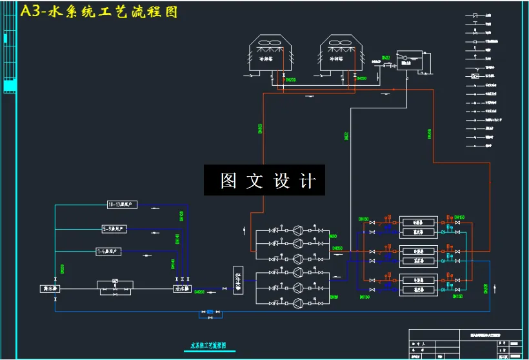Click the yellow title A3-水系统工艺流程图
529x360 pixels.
(x=98, y=12)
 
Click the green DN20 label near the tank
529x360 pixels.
(x=386, y=58)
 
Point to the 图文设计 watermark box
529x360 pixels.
(x=264, y=181)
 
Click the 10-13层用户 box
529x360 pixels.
(x=123, y=205)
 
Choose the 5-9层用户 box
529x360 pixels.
(x=114, y=228)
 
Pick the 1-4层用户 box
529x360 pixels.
(x=108, y=252)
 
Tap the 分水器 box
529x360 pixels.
(x=183, y=288)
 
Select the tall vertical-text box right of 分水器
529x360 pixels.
(x=237, y=279)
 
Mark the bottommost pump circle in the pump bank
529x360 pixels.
(x=297, y=303)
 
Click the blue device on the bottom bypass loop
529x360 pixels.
(x=210, y=313)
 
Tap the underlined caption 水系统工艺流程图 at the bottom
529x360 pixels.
(x=209, y=346)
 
